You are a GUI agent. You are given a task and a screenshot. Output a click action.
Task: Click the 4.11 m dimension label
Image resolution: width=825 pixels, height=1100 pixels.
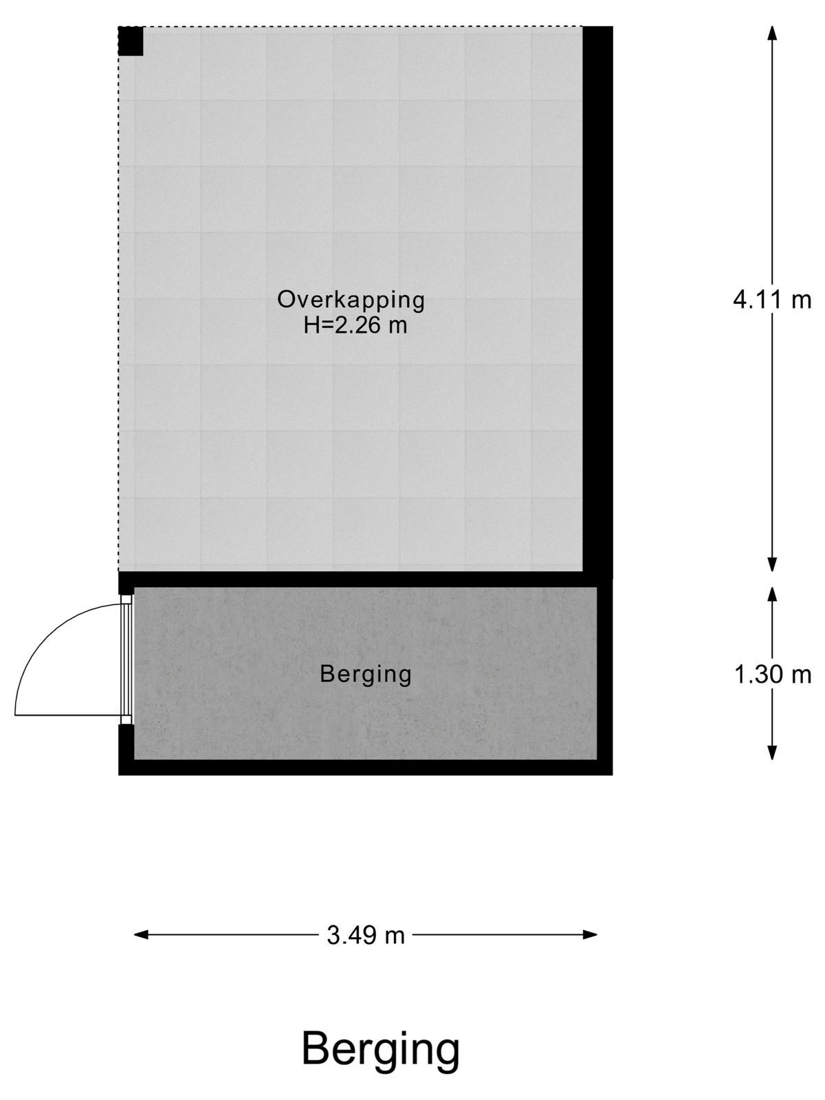point(771,300)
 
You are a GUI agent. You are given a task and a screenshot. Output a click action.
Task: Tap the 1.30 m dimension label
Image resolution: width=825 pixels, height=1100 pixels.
point(772,674)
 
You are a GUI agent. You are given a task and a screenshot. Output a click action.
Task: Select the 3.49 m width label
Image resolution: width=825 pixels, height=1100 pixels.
point(366,935)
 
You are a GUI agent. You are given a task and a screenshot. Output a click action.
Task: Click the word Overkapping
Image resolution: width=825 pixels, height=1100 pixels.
point(351,300)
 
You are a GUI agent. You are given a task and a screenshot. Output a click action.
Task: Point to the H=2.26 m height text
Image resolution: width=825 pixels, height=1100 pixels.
point(355,326)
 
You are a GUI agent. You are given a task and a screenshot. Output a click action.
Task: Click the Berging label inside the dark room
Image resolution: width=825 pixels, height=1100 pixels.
point(366,674)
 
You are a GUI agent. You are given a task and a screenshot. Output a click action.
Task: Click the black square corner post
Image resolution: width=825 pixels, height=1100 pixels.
point(131,41)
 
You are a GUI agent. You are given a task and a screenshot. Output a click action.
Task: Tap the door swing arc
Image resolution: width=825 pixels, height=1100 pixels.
point(45,637)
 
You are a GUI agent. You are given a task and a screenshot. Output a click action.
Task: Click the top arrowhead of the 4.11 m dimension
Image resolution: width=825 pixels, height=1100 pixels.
point(772,33)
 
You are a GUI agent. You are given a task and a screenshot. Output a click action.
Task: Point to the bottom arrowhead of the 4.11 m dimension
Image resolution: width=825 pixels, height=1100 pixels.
point(772,564)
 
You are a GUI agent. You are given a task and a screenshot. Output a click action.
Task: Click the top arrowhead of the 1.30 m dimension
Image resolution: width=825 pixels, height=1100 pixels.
point(772,595)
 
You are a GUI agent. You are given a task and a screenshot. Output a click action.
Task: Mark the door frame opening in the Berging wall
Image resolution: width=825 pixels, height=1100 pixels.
point(126,659)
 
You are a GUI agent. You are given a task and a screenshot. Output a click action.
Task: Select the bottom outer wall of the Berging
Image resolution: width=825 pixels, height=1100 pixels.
point(365,767)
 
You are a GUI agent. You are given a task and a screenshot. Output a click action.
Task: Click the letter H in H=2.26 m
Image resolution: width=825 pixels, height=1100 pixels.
point(311,326)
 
